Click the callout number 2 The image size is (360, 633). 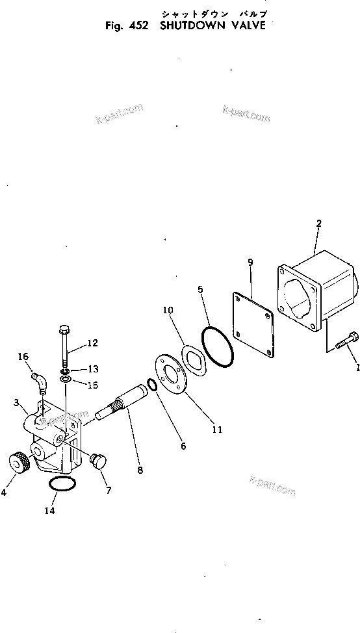(x=318, y=224)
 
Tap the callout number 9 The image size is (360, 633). (x=250, y=263)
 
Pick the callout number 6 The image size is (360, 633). (x=183, y=446)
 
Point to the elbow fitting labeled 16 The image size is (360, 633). (x=40, y=379)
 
